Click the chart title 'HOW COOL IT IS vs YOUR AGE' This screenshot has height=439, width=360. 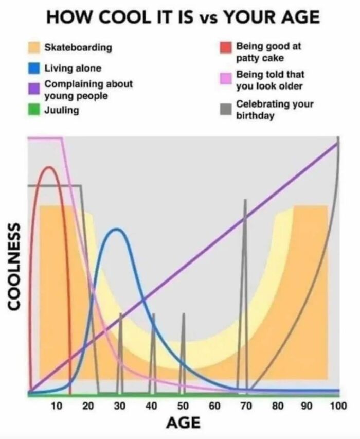[x=183, y=17]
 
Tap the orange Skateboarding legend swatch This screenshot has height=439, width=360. [x=34, y=48]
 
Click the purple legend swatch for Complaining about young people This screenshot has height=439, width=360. [x=34, y=88]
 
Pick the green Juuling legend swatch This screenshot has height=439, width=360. [x=34, y=110]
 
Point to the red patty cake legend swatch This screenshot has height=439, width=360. [x=225, y=47]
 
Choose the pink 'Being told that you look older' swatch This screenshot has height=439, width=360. [x=225, y=79]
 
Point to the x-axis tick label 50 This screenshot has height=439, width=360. [x=183, y=407]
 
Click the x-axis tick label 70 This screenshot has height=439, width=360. [x=246, y=407]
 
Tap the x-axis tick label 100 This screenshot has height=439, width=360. [x=338, y=407]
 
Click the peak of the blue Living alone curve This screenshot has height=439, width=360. [x=118, y=229]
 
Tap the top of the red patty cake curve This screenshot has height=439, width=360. [x=49, y=167]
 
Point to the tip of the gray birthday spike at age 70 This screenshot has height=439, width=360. [x=245, y=200]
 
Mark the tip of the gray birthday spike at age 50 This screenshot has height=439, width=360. [x=183, y=313]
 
